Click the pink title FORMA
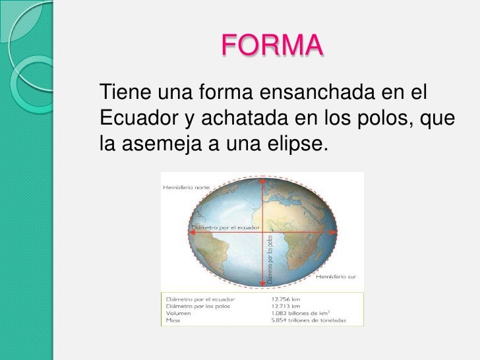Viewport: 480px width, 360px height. [x=272, y=45]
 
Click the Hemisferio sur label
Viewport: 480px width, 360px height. [x=336, y=277]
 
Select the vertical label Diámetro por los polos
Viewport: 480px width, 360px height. [x=270, y=260]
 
